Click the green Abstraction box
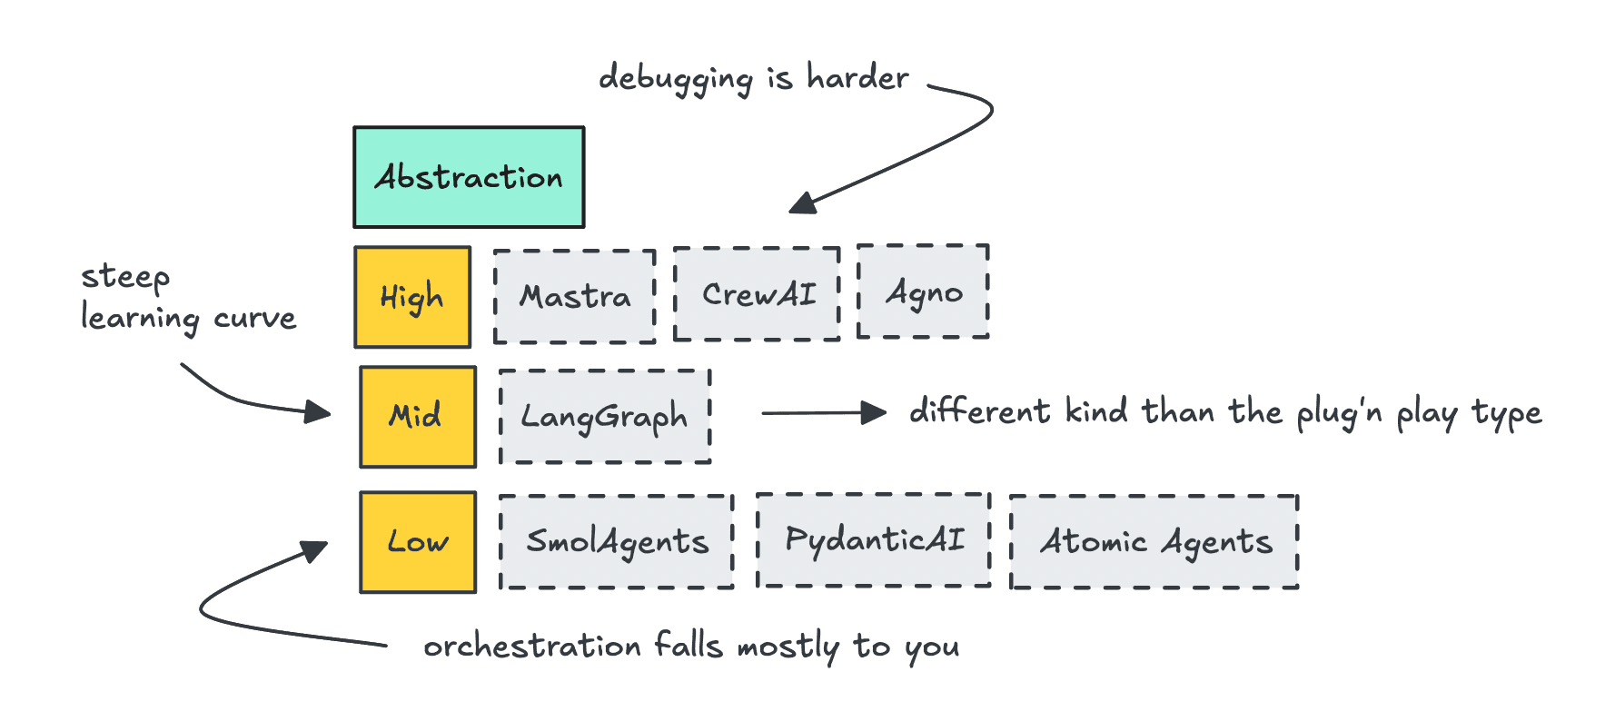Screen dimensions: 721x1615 [469, 177]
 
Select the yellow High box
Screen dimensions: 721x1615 [412, 297]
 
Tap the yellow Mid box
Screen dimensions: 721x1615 [417, 417]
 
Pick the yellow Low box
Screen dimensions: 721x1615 [418, 542]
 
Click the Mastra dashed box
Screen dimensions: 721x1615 [574, 297]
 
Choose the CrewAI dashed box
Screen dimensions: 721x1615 [757, 294]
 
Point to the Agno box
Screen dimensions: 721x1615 [923, 292]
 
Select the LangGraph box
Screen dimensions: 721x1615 [604, 417]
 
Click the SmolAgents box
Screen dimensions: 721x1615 [617, 542]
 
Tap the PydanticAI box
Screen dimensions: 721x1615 [874, 540]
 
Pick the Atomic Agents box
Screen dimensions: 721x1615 [1154, 542]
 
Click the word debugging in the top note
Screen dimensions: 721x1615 [676, 79]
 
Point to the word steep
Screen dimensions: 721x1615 [125, 277]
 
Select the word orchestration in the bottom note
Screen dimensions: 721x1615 [532, 647]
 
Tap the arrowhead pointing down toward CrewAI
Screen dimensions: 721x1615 [802, 203]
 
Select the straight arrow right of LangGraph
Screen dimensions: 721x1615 [823, 413]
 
